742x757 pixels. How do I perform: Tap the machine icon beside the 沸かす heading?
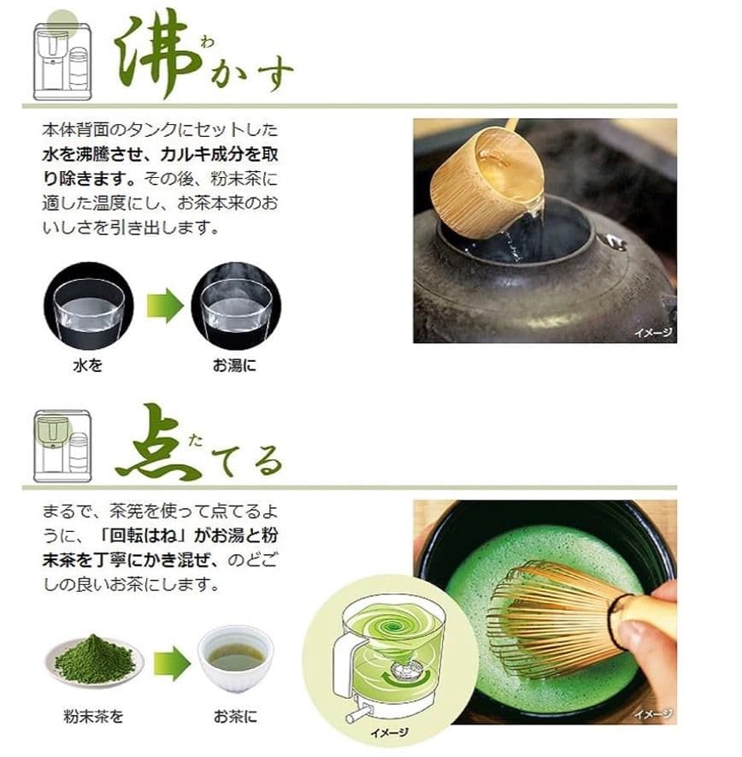(62, 61)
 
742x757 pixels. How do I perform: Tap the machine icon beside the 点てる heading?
(62, 445)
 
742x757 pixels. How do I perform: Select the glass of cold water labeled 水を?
(88, 306)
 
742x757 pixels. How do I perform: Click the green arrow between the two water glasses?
(164, 306)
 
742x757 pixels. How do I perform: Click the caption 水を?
(87, 365)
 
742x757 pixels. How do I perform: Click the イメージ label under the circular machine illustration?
(389, 732)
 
